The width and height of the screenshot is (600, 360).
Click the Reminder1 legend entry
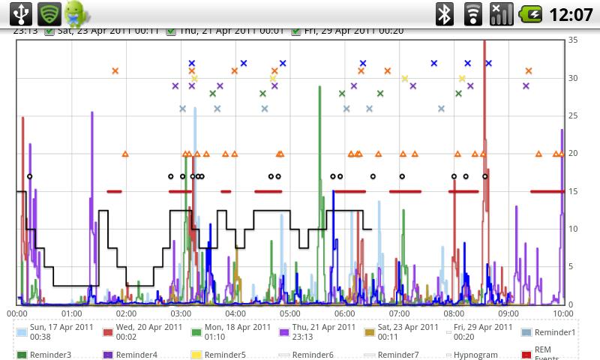click(x=553, y=332)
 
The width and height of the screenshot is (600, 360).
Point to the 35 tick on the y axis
click(x=573, y=40)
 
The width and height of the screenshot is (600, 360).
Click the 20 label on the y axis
click(x=573, y=153)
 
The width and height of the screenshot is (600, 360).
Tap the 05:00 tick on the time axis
click(x=290, y=313)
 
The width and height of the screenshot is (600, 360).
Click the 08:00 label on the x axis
click(x=454, y=313)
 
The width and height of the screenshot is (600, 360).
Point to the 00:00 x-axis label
click(x=17, y=313)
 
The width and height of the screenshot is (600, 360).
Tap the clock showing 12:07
click(x=571, y=14)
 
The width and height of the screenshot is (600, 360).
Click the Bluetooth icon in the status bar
click(x=445, y=13)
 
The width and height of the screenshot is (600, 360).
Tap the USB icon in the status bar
click(x=20, y=13)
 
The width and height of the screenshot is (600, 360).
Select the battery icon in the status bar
click(x=531, y=13)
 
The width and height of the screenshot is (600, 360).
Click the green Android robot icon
click(x=76, y=13)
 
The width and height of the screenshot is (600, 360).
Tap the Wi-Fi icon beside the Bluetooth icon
click(x=472, y=13)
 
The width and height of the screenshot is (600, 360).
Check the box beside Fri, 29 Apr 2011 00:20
click(x=297, y=31)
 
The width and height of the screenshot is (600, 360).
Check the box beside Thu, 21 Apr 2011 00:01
click(x=171, y=31)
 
